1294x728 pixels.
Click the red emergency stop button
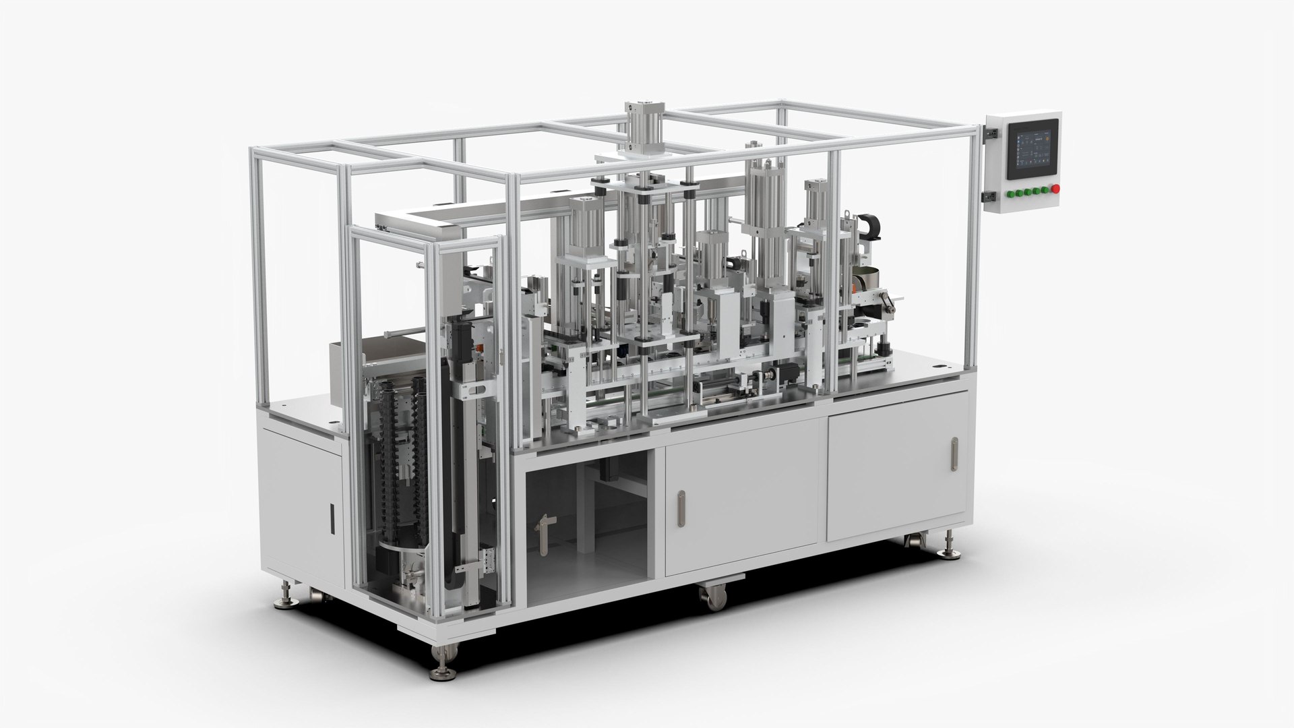pos(1055,187)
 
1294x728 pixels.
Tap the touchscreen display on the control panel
pos(1032,150)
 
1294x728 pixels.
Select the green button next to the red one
pos(1045,189)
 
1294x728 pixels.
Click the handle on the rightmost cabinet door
pos(954,455)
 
